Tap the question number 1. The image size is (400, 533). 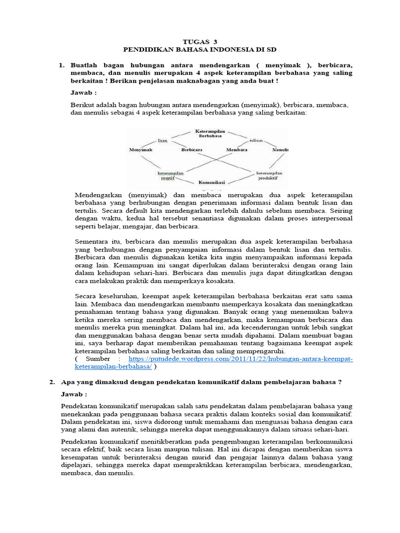61,65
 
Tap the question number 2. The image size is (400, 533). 52,382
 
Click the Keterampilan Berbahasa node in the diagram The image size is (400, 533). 210,134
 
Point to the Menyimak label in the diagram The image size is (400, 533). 141,149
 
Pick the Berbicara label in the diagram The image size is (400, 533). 192,149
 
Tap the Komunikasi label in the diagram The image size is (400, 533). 211,183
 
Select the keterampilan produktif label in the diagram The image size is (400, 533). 268,175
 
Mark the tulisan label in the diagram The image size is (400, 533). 255,141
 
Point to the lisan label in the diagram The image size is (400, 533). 162,141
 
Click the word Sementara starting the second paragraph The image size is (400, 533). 93,242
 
